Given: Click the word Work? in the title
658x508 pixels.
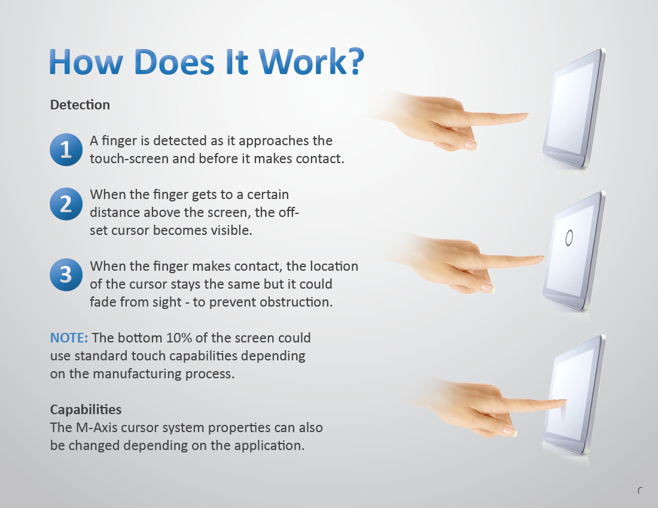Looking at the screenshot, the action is tap(311, 62).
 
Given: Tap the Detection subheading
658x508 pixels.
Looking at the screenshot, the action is tap(80, 105).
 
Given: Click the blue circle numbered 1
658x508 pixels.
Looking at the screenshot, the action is tap(66, 149).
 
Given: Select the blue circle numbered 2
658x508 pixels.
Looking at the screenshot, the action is tap(66, 204).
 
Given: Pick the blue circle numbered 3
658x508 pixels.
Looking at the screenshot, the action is tap(66, 274).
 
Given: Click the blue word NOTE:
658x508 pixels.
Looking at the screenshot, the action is tap(69, 338).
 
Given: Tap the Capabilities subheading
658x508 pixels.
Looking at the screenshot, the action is tap(86, 409).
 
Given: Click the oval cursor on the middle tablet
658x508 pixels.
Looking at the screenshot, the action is tap(569, 238).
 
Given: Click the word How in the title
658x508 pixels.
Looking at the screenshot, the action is tap(86, 62).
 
